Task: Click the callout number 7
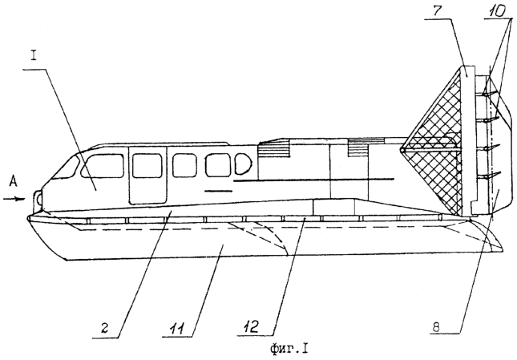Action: click(x=436, y=11)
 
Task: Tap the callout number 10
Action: click(x=496, y=11)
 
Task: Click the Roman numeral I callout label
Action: click(x=34, y=55)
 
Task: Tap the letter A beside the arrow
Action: click(x=13, y=182)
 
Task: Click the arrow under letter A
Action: click(x=14, y=199)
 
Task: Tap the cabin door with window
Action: click(x=147, y=175)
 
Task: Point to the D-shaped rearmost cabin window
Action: click(x=243, y=164)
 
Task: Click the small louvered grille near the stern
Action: click(x=357, y=148)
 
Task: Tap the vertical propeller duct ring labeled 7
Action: click(x=468, y=140)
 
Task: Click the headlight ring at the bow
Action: click(x=38, y=198)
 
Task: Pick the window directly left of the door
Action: click(x=103, y=166)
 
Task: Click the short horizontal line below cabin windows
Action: click(x=218, y=191)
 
